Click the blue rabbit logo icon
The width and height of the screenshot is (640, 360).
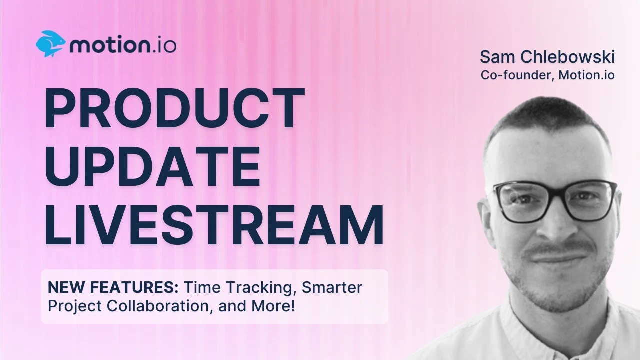50,43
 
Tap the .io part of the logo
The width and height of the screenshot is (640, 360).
163,45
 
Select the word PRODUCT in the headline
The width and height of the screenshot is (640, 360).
175,108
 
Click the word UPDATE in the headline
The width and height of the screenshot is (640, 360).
153,166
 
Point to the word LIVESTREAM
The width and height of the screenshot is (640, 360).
214,225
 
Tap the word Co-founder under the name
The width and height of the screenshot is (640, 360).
517,75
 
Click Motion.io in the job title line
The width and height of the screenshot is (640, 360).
587,75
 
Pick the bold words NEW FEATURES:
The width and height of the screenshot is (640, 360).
113,287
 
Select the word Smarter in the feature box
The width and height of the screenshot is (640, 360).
332,287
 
